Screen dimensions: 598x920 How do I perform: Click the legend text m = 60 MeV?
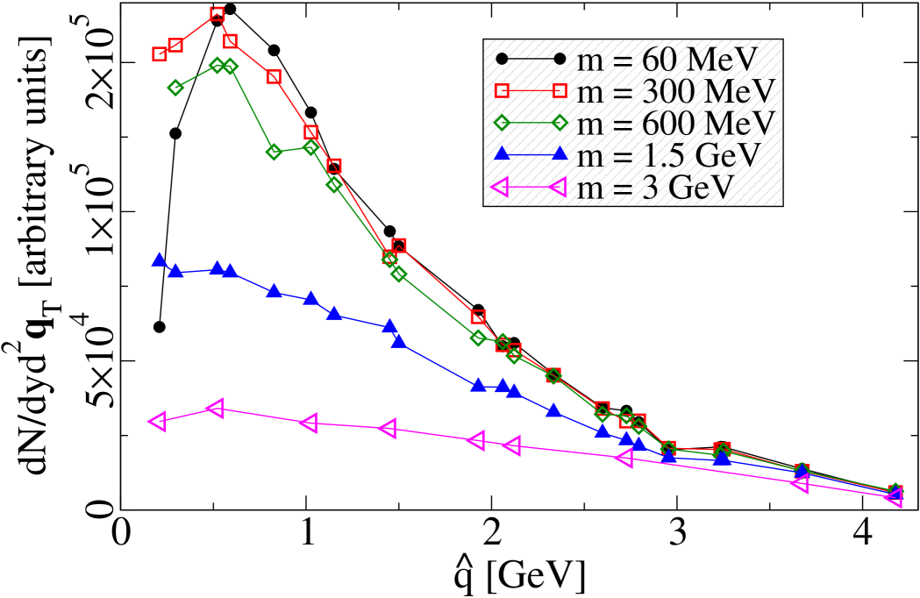coord(666,60)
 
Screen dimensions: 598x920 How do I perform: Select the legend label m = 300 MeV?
coord(675,91)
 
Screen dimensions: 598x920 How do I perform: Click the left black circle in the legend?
coord(502,60)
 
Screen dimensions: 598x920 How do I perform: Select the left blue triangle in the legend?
coord(502,154)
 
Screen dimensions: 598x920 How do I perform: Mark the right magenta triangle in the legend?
coord(558,187)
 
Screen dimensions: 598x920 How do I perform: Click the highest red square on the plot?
coord(218,14)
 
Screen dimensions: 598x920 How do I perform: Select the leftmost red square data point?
coord(160,53)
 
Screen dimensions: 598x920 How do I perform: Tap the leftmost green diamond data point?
coord(175,88)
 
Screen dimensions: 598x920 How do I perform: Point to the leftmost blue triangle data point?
coord(160,260)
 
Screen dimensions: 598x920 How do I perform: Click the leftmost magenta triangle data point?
coord(158,422)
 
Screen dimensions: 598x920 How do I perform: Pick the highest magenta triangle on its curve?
coord(216,408)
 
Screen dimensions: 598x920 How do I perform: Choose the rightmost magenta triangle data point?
coord(894,498)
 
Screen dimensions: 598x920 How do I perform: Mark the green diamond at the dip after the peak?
coord(274,152)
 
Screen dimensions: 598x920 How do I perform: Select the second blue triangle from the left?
coord(175,271)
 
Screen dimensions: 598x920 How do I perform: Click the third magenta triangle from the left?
coord(308,424)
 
